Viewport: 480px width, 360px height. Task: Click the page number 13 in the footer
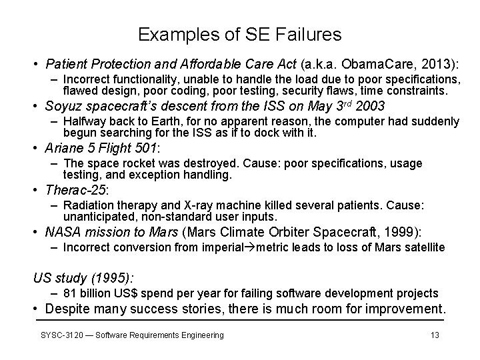(435, 335)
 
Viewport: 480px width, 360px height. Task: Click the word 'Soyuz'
(61, 106)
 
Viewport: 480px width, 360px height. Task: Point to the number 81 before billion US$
(69, 293)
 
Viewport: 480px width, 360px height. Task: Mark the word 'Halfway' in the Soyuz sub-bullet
(83, 121)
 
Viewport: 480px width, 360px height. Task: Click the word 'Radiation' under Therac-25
(86, 205)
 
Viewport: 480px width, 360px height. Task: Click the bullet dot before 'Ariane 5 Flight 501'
(37, 148)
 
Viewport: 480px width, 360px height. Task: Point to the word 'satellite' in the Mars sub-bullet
(423, 247)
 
